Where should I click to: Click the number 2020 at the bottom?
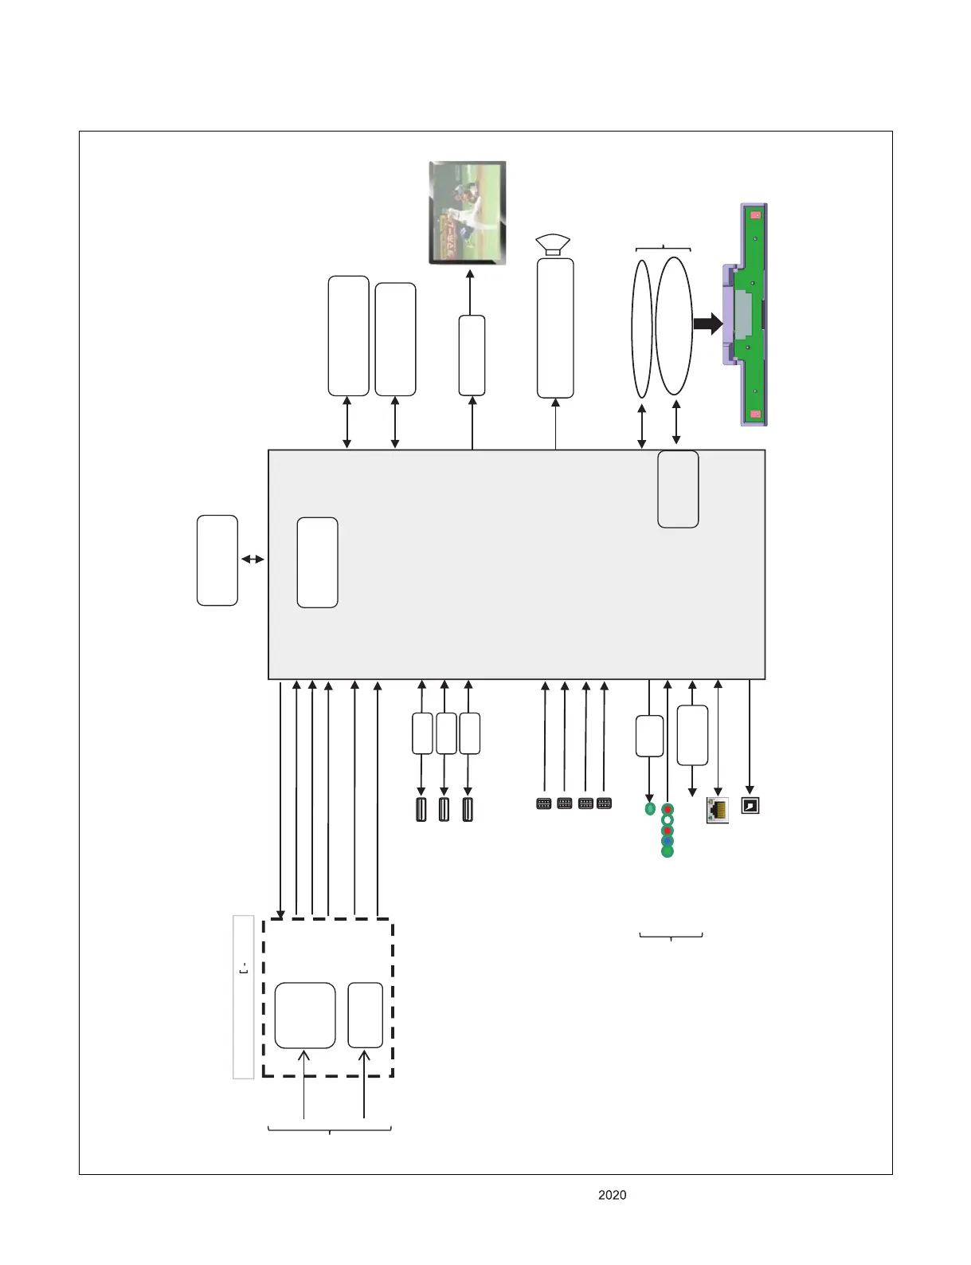point(612,1195)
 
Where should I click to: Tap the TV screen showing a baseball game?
point(468,212)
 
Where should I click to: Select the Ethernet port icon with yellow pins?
point(717,810)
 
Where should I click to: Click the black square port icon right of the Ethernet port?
point(750,805)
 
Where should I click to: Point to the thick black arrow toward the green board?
point(707,324)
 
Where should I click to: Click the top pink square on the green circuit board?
point(755,215)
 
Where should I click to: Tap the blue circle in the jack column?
point(668,841)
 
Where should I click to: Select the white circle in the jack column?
point(668,819)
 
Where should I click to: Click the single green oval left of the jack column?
point(650,808)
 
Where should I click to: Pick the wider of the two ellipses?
point(674,325)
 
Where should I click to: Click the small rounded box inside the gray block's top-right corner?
point(678,489)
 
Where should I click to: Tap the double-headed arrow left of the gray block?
point(253,560)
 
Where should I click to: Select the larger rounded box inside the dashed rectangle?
point(305,1015)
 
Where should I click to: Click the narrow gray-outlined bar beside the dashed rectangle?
point(243,996)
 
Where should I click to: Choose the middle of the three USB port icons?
point(444,809)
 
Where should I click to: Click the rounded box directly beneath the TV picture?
point(472,355)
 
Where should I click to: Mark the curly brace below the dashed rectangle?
point(330,1130)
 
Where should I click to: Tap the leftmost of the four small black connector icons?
point(544,803)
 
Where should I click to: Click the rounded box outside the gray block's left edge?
point(217,560)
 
